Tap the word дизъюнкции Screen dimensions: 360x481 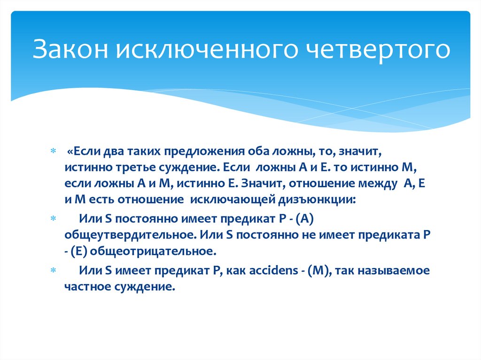click(x=318, y=199)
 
